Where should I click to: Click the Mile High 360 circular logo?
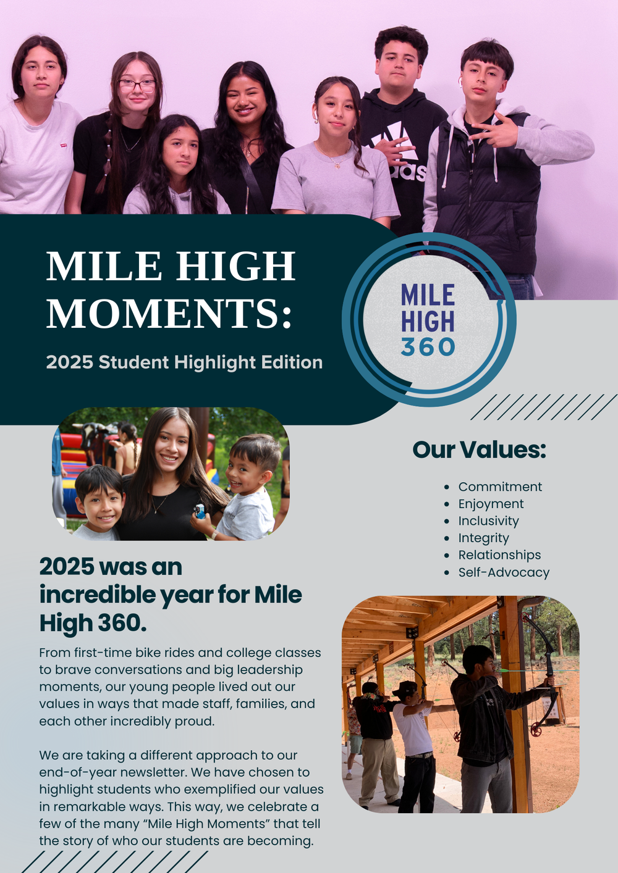pos(429,320)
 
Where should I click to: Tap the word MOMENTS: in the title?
pos(169,313)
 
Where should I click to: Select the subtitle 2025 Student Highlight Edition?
pos(184,362)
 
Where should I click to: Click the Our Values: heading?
pos(479,449)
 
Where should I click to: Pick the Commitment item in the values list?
pos(500,487)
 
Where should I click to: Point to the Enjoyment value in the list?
pos(491,504)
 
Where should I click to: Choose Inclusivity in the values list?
pos(488,521)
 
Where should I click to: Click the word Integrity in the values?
pos(483,538)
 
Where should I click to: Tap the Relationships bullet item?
pos(499,555)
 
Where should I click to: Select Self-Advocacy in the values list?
pos(504,572)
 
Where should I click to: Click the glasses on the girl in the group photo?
pos(137,86)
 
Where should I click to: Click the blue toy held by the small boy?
pos(200,511)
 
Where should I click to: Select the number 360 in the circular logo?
pos(428,346)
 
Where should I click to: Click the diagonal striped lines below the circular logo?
pos(543,407)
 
